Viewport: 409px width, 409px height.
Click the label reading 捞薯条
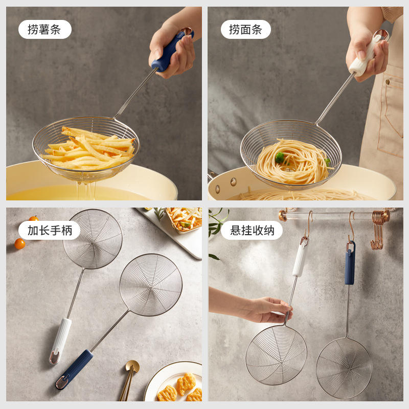44,29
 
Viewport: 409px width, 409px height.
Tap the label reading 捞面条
246,29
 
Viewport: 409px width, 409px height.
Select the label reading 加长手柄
50,231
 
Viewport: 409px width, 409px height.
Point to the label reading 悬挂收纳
252,231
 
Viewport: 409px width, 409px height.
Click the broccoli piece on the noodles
280,157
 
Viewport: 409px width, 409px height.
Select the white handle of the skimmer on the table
60,340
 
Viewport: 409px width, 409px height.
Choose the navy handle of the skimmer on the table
74,369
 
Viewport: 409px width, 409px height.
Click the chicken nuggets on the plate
179,388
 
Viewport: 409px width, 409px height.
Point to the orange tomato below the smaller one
20,244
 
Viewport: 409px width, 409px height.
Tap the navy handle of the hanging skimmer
350,263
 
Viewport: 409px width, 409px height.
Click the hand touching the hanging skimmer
269,310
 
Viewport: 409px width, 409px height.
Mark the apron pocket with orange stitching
391,115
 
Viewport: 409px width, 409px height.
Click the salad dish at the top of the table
184,219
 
